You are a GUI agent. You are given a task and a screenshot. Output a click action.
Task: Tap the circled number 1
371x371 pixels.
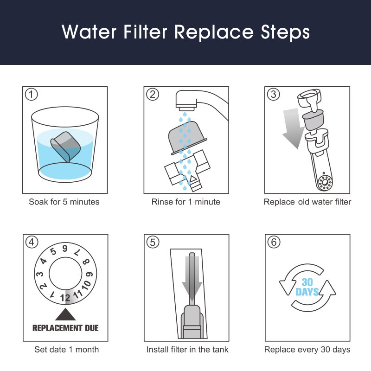coord(31,95)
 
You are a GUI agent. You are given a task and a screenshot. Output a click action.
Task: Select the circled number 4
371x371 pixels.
coord(31,242)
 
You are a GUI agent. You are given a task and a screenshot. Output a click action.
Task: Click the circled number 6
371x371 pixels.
coord(274,242)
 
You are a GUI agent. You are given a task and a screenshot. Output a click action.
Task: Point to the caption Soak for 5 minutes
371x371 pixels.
coord(64,202)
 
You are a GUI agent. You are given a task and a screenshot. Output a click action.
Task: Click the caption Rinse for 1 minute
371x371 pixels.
coord(185,202)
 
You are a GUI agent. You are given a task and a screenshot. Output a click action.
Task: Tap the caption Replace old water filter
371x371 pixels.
coord(307,202)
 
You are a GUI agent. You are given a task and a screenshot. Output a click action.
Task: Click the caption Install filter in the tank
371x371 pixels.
coord(187,350)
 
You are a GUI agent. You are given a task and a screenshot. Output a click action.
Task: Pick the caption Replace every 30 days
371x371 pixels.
coord(307,350)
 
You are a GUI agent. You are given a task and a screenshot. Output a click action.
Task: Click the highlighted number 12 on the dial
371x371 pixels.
coord(65,298)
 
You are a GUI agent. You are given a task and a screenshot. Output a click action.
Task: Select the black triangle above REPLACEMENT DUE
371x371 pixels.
coord(65,314)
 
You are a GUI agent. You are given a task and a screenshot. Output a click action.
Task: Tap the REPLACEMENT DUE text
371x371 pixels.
coord(65,328)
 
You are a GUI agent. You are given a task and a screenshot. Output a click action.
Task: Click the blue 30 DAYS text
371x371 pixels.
coord(307,287)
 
